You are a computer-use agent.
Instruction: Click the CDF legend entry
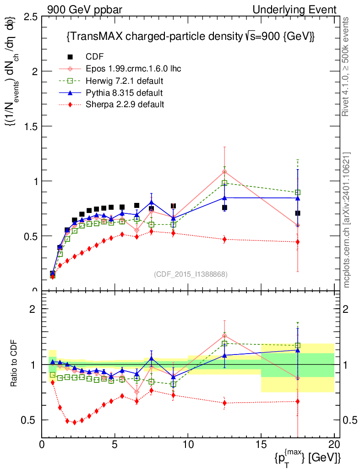pos(95,57)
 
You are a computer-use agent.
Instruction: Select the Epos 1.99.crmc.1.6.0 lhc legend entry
pos(133,69)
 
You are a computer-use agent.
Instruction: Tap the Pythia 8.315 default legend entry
pos(124,93)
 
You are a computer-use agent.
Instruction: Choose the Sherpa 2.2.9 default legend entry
pos(125,104)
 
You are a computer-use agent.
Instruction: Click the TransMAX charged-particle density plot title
pos(190,37)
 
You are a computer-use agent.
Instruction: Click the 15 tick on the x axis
pos(261,444)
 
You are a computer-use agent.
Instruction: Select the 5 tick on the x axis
pos(115,444)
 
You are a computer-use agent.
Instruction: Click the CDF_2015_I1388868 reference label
pos(191,274)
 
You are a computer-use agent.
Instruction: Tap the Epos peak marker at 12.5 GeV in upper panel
pos(224,172)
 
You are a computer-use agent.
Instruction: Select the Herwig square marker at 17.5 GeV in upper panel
pos(298,192)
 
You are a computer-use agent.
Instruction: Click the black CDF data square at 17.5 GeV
pos(298,213)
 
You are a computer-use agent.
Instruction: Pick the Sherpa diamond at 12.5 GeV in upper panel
pos(224,239)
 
